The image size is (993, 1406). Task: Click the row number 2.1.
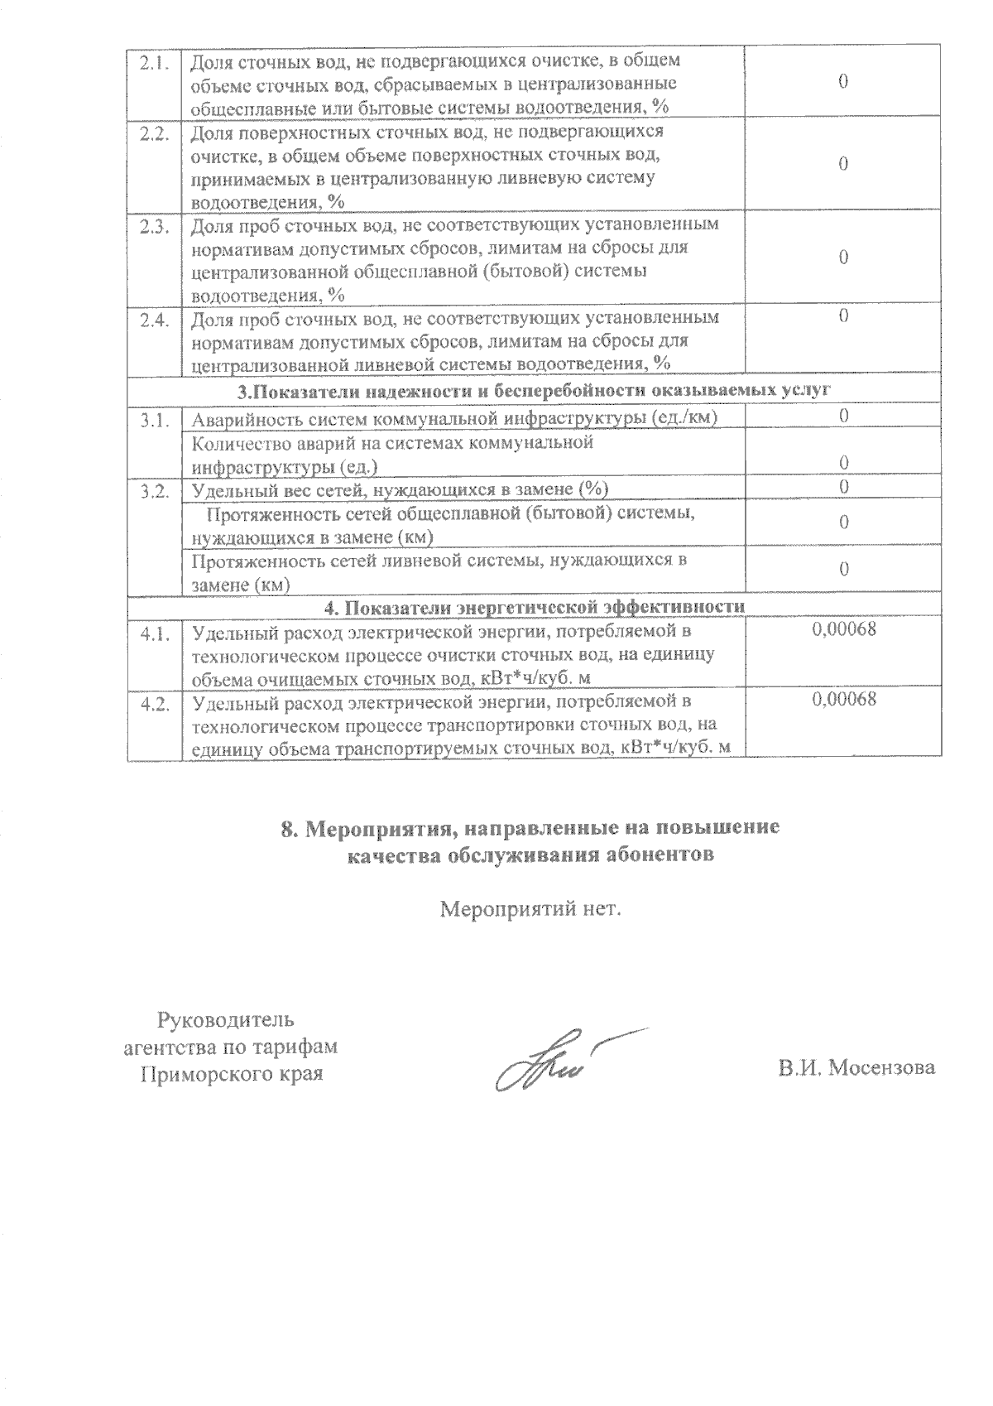(x=153, y=60)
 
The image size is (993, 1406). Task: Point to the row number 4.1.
(x=153, y=633)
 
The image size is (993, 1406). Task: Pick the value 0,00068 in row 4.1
(x=843, y=629)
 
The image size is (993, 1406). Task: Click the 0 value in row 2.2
(x=843, y=165)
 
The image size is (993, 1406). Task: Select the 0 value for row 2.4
(x=843, y=316)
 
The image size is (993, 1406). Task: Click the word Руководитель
(x=225, y=1018)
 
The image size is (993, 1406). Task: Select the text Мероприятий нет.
(x=530, y=910)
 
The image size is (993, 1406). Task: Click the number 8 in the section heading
(x=288, y=830)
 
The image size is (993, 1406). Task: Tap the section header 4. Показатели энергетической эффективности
(x=534, y=607)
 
